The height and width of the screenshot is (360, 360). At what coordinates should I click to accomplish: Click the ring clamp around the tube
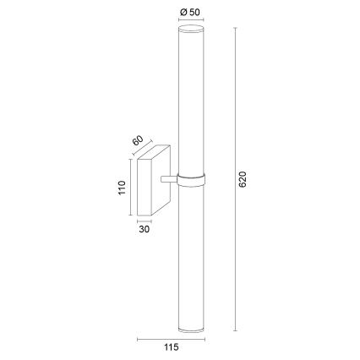coord(190,179)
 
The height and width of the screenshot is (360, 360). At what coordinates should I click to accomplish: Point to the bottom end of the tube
coord(190,328)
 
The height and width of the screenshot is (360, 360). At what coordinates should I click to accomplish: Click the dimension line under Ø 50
coord(190,21)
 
